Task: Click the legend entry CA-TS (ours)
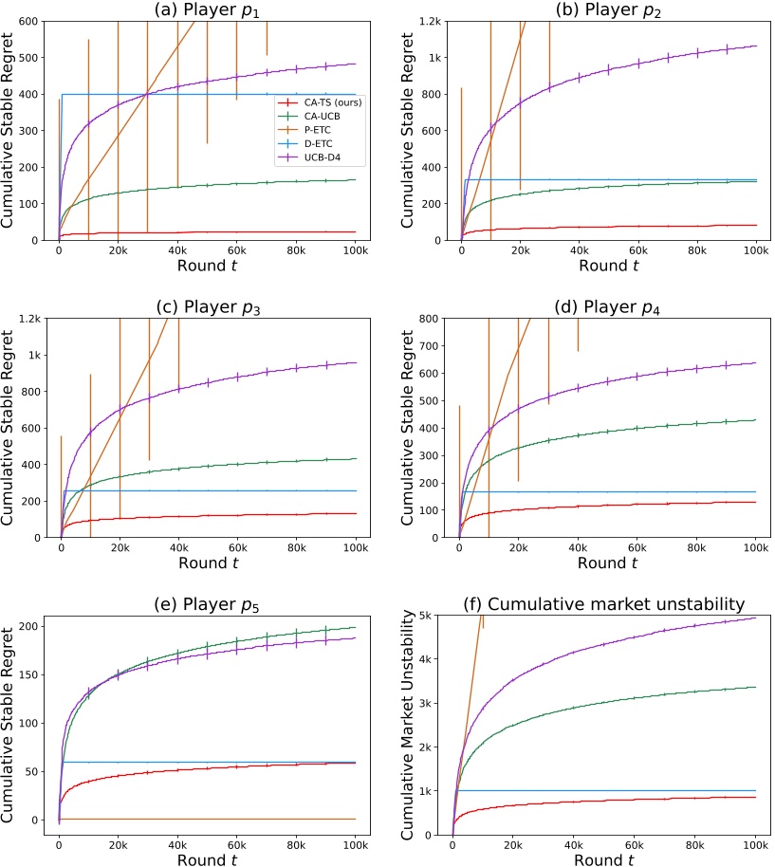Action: tap(321, 101)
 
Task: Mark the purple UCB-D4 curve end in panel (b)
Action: tap(756, 45)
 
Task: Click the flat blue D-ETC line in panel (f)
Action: tap(607, 790)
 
